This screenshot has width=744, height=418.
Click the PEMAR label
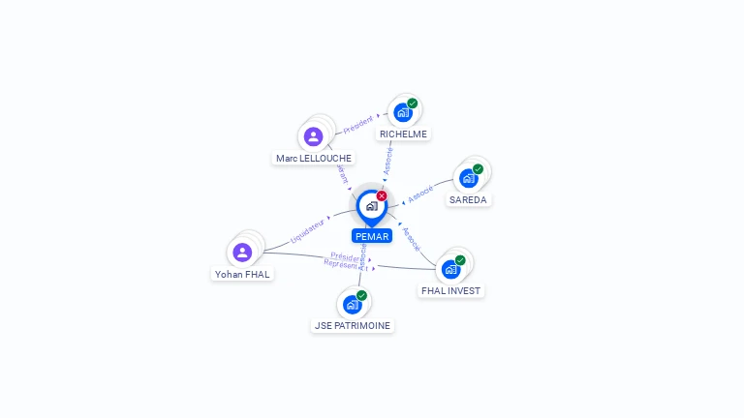pyautogui.click(x=371, y=236)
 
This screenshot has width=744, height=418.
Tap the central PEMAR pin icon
pyautogui.click(x=371, y=206)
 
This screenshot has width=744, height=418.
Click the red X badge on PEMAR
pyautogui.click(x=382, y=196)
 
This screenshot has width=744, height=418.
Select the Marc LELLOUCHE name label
pyautogui.click(x=314, y=158)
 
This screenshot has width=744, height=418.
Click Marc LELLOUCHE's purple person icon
pyautogui.click(x=313, y=136)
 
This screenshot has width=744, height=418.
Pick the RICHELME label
pyautogui.click(x=403, y=134)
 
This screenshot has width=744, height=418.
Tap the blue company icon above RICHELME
pyautogui.click(x=403, y=112)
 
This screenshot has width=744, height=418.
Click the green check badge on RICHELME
pyautogui.click(x=413, y=104)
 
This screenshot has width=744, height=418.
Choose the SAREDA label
pyautogui.click(x=469, y=200)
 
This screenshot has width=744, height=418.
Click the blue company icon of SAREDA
pyautogui.click(x=469, y=178)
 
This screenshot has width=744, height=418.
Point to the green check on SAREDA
pyautogui.click(x=478, y=169)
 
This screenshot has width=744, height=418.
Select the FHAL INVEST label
pyautogui.click(x=450, y=290)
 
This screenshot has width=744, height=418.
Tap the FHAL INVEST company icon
pyautogui.click(x=450, y=269)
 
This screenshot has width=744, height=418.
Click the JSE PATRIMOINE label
pyautogui.click(x=353, y=326)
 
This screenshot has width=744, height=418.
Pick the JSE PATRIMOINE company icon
pyautogui.click(x=353, y=304)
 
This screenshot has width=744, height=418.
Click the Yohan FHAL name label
pyautogui.click(x=243, y=274)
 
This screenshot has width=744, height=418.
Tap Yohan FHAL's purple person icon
pyautogui.click(x=242, y=252)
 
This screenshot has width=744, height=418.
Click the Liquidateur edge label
pyautogui.click(x=308, y=230)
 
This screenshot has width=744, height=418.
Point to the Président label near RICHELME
pyautogui.click(x=357, y=123)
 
